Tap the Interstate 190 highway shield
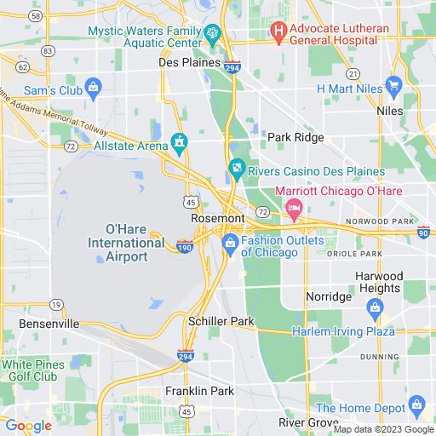click(185, 247)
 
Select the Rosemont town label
click(218, 218)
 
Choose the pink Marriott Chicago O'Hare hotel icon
click(295, 207)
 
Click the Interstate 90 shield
click(423, 231)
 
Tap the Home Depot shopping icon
click(416, 404)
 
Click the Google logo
click(28, 426)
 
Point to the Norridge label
click(329, 297)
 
